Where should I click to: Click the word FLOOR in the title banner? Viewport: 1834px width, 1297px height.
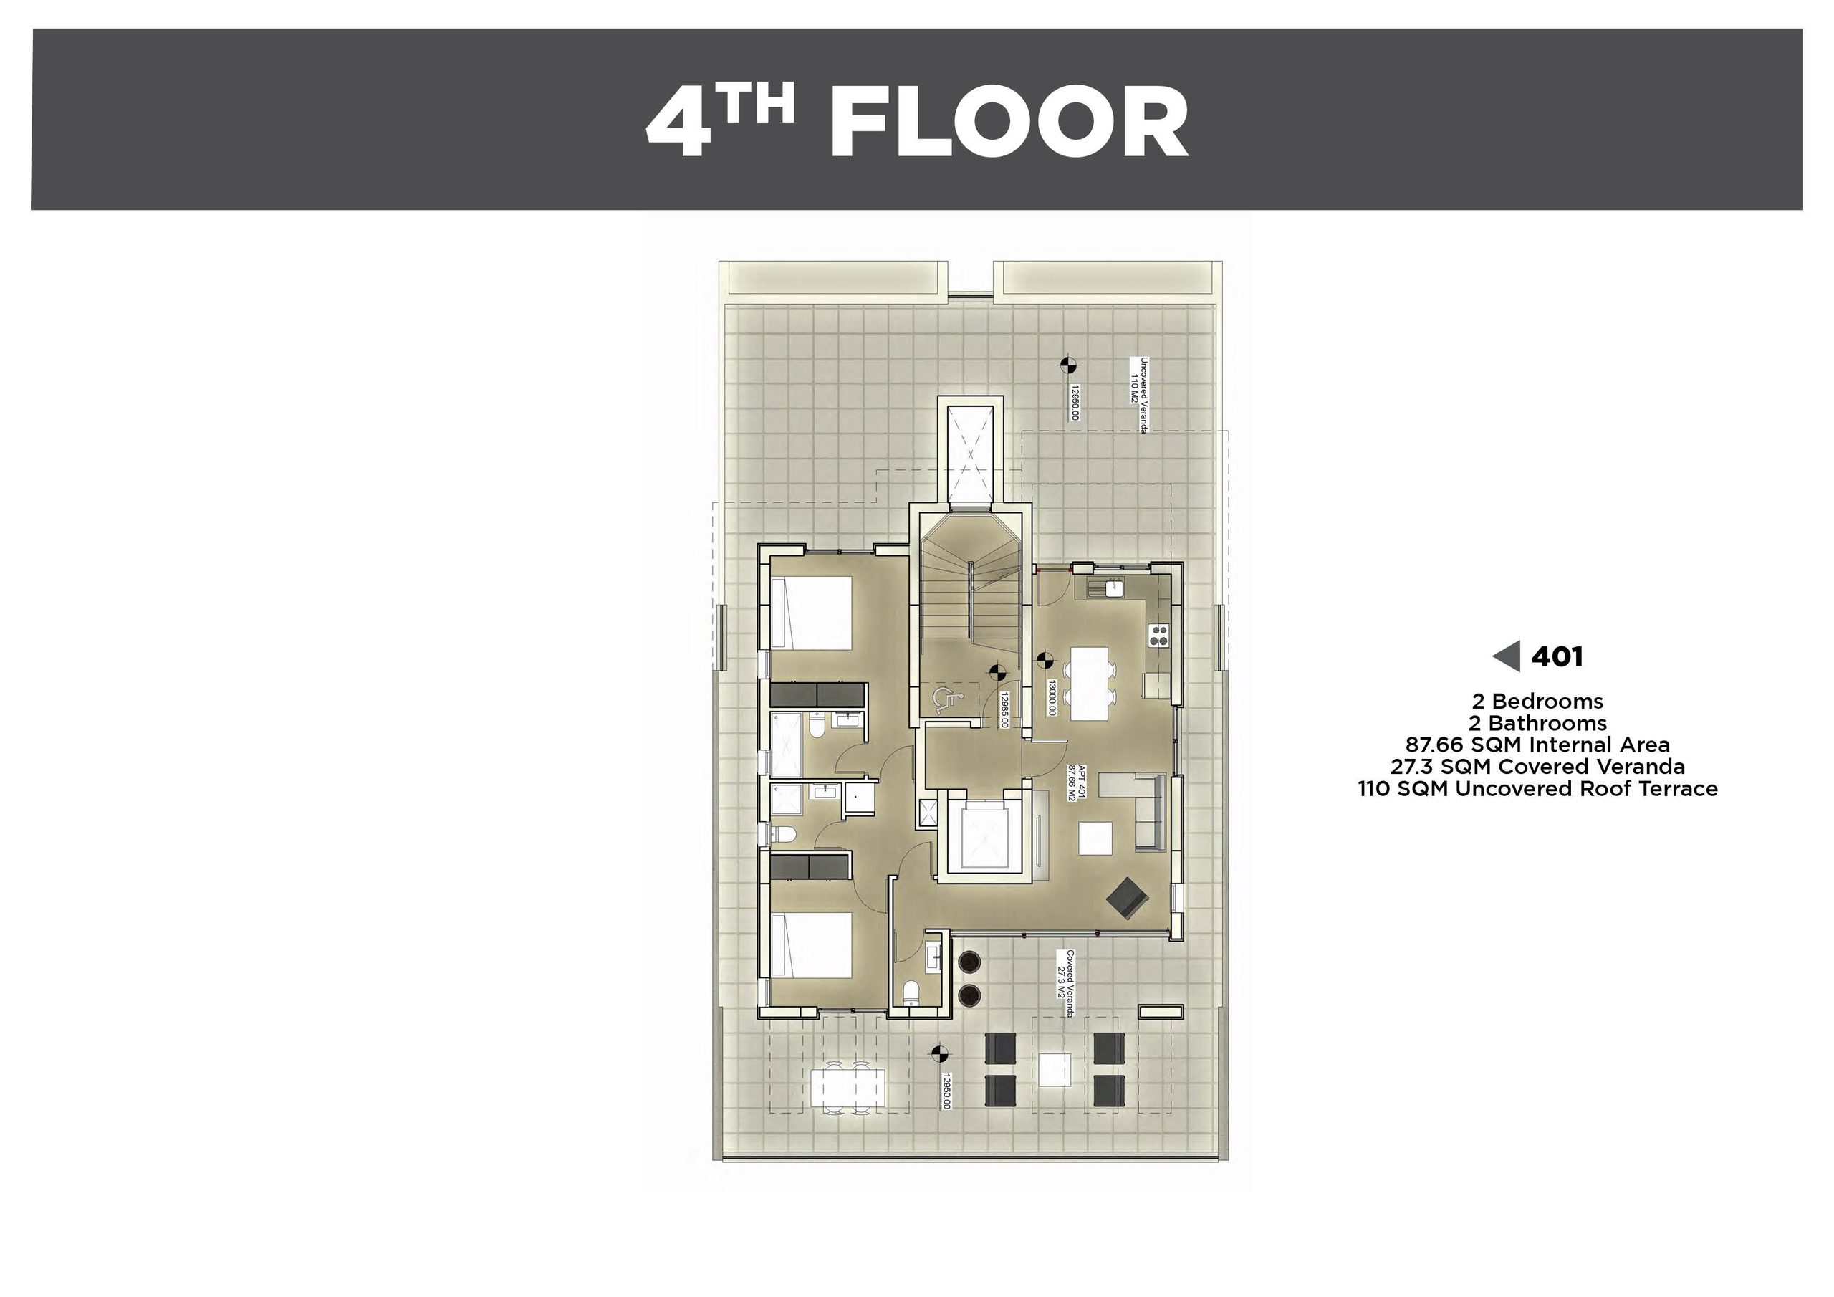pyautogui.click(x=1009, y=123)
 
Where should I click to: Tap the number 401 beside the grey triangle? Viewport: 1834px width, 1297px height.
pyautogui.click(x=1557, y=657)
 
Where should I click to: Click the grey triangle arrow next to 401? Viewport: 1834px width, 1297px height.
pyautogui.click(x=1506, y=657)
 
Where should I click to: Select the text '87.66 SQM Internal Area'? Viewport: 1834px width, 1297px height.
pyautogui.click(x=1537, y=745)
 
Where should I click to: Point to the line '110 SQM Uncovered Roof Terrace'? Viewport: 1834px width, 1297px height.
pyautogui.click(x=1537, y=789)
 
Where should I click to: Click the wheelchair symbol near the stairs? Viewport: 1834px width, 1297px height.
pyautogui.click(x=944, y=700)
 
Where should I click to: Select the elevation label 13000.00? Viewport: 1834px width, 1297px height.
pyautogui.click(x=1052, y=698)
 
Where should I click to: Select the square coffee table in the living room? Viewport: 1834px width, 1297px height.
pyautogui.click(x=1095, y=839)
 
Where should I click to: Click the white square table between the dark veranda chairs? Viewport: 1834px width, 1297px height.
pyautogui.click(x=1055, y=1069)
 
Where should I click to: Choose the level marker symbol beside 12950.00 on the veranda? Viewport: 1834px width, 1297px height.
pyautogui.click(x=939, y=1054)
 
